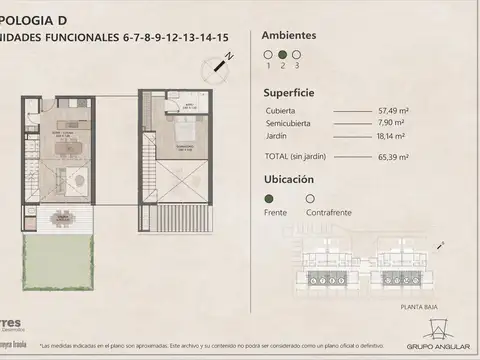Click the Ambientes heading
(x=289, y=35)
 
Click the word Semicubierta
(x=287, y=123)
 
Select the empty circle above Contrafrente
(x=310, y=199)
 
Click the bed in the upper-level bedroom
(x=184, y=133)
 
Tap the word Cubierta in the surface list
(x=281, y=110)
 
